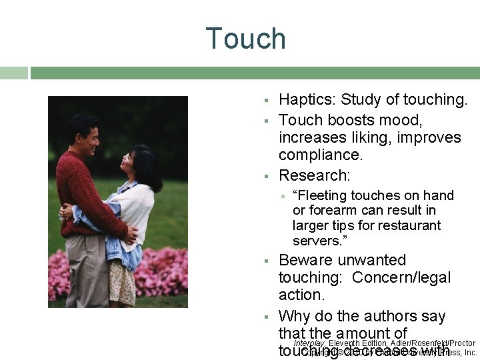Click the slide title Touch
point(245,39)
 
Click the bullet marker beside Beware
point(265,261)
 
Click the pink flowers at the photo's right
point(167,270)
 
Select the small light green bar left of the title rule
point(13,73)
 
